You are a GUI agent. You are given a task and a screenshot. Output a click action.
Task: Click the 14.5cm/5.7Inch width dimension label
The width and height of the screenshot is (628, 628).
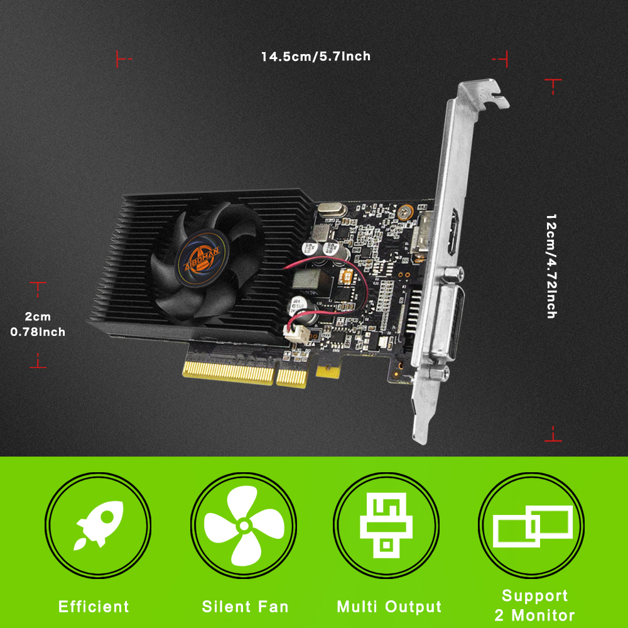pos(316,57)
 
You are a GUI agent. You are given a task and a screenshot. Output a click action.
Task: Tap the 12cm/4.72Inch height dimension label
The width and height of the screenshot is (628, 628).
pos(551,266)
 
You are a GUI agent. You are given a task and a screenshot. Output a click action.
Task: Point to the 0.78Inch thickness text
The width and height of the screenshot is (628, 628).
pos(38,332)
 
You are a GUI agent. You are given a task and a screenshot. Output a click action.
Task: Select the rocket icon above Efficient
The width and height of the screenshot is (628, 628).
pos(99,524)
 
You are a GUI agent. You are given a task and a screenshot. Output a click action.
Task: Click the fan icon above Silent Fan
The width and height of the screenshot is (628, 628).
pos(244,526)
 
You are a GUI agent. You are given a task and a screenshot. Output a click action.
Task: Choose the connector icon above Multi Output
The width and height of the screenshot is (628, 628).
pos(386,525)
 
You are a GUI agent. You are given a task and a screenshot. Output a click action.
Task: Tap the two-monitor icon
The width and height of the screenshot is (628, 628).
pos(533,526)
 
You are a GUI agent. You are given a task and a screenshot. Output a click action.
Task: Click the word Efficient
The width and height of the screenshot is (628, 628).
pos(94,607)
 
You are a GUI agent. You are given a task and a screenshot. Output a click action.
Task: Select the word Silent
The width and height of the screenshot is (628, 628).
pos(228,607)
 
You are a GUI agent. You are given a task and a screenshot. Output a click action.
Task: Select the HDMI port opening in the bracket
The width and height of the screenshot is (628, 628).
pos(455,232)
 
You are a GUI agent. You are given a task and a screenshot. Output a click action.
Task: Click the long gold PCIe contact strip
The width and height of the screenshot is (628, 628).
pos(229,373)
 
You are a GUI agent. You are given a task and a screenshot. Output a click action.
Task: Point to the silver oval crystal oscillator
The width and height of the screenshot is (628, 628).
pos(331,210)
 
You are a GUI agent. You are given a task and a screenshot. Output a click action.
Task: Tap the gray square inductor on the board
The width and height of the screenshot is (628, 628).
pos(308,279)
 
